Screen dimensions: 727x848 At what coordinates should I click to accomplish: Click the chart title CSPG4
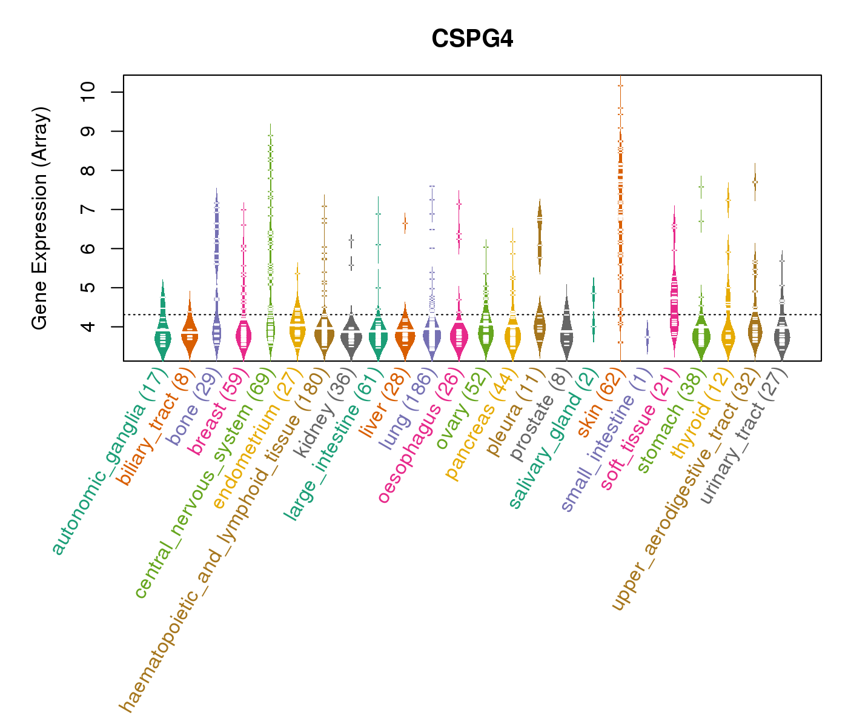coord(472,39)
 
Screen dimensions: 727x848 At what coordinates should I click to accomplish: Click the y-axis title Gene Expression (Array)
coord(40,218)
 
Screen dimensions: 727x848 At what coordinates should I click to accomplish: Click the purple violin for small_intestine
coord(648,337)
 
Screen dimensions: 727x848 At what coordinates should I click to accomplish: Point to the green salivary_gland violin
coord(594,309)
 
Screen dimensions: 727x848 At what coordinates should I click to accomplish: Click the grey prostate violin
coord(566,330)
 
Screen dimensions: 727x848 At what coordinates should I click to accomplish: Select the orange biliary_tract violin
coord(190,336)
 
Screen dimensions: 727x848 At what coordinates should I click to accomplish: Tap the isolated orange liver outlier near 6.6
coord(405,223)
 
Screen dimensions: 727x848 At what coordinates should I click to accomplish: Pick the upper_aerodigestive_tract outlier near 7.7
coord(754,181)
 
